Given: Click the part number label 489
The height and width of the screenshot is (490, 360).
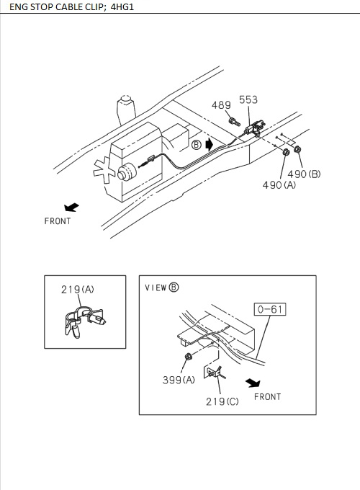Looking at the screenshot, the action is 221,105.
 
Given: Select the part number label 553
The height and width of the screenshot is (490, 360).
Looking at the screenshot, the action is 248,99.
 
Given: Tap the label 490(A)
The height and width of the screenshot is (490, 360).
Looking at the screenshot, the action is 279,185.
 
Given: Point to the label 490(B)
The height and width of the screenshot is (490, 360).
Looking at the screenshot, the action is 304,174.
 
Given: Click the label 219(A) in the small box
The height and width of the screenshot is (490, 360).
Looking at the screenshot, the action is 78,290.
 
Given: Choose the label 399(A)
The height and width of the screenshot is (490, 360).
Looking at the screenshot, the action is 179,380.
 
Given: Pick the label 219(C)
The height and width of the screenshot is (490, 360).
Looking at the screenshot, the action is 222,401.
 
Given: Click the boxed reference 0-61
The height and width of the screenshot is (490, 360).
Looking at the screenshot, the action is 270,309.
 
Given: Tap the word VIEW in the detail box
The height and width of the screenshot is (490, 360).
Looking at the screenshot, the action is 156,288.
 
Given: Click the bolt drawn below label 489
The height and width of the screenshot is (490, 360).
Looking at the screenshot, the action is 235,122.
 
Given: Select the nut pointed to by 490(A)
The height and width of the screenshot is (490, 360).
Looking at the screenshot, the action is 286,152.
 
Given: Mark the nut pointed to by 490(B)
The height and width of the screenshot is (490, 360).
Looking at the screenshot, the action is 297,149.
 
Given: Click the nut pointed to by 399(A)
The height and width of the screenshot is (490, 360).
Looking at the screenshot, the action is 188,356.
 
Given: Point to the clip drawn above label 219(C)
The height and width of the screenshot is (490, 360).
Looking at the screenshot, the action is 214,373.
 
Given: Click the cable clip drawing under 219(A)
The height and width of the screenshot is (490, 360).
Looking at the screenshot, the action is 84,322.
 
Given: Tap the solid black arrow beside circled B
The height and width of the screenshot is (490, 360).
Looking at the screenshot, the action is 210,145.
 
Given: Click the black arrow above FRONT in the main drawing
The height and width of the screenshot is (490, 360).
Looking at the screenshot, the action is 71,208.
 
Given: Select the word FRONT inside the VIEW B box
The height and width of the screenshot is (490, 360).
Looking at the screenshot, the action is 268,397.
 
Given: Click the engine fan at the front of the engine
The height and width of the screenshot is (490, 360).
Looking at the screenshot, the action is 104,170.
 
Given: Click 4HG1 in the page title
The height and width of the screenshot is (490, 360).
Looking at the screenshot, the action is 122,7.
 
